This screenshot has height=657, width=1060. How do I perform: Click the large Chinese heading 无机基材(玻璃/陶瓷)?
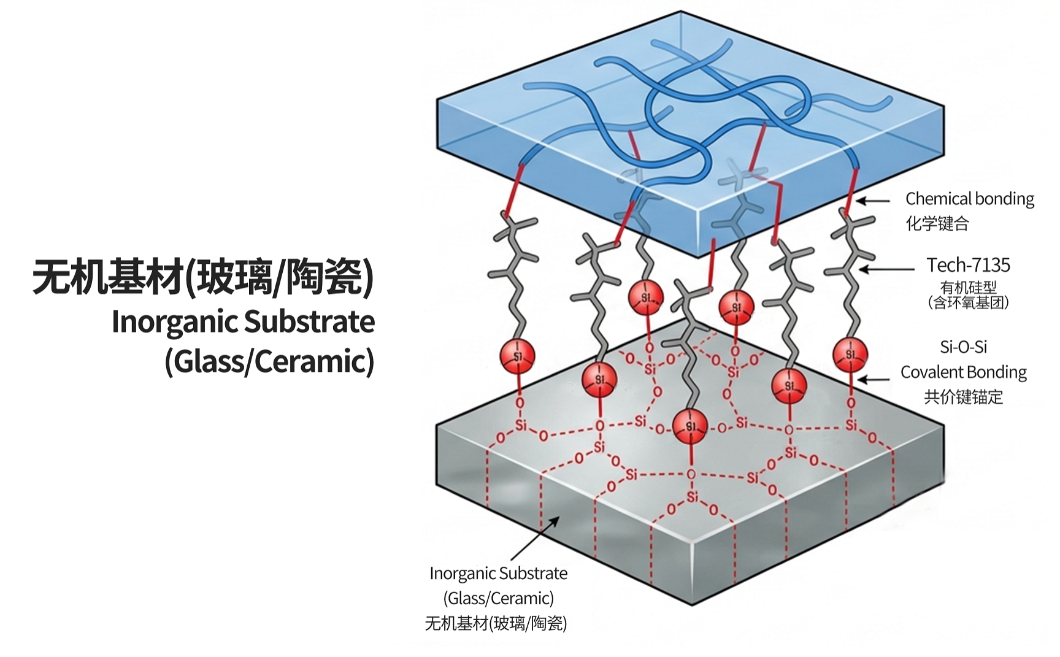coord(203,277)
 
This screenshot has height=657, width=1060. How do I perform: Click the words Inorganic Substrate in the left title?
coord(243,322)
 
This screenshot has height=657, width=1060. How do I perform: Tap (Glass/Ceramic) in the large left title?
coord(269,361)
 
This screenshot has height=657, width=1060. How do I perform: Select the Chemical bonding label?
coord(970,199)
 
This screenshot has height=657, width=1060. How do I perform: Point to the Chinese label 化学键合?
coord(937,223)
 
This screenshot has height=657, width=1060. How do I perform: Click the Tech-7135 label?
coord(968,265)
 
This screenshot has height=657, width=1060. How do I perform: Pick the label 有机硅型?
coord(969,286)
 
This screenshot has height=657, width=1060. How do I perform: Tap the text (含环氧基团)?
coord(969,302)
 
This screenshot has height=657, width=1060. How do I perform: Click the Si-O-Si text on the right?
coord(964,347)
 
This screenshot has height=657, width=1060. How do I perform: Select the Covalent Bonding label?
coord(964,372)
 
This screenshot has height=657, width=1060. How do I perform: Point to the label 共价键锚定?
coord(964,397)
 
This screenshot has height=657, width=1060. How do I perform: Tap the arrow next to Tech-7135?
coord(886,269)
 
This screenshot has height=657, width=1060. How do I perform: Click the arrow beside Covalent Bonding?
coord(873,380)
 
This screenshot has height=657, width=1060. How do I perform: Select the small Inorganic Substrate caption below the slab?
coord(498,574)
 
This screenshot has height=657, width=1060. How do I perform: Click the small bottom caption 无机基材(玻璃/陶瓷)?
coord(496,623)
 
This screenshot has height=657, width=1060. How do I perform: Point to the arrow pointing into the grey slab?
coord(534,538)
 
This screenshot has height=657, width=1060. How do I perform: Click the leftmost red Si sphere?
coord(517,356)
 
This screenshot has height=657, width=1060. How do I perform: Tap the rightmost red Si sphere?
coord(850,355)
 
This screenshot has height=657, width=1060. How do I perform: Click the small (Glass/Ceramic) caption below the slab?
coord(498,598)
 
